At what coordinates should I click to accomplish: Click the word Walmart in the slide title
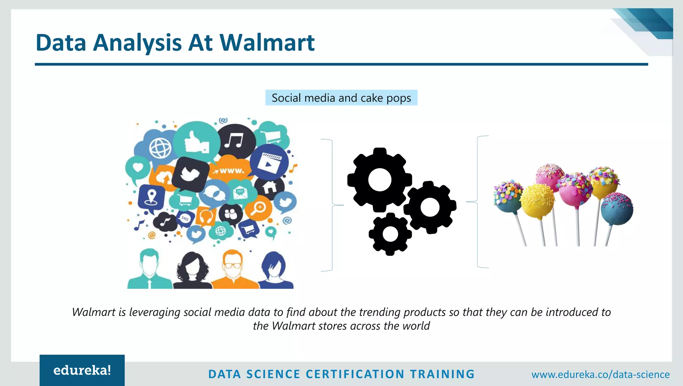point(267,43)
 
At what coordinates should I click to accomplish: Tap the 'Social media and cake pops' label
point(341,98)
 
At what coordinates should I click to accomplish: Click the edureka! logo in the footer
point(82,370)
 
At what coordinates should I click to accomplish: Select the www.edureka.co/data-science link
point(600,374)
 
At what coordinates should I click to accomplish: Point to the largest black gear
point(380,180)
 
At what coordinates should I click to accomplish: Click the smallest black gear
point(390,234)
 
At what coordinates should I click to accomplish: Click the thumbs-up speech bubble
point(197,142)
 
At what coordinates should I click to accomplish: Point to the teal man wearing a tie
point(149,270)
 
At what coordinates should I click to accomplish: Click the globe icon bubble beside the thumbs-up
point(160,148)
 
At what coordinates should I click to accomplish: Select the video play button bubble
point(269,162)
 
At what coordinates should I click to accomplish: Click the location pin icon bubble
point(151,197)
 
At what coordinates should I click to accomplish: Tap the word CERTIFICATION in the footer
point(355,374)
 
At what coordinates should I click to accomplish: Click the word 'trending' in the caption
point(380,312)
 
